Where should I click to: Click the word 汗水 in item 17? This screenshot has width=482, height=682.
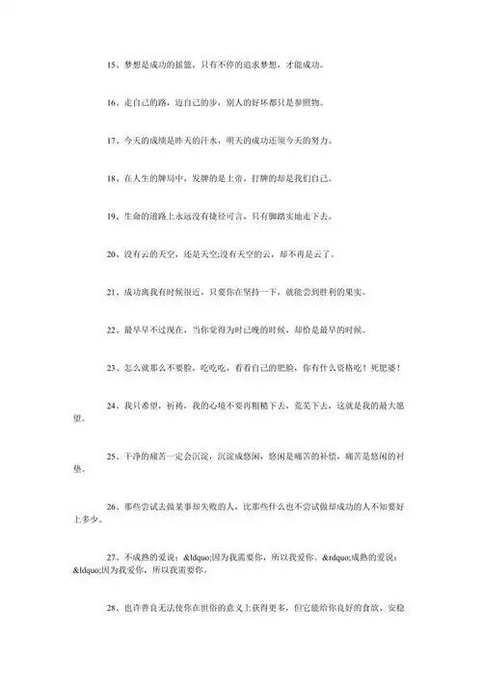point(210,141)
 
